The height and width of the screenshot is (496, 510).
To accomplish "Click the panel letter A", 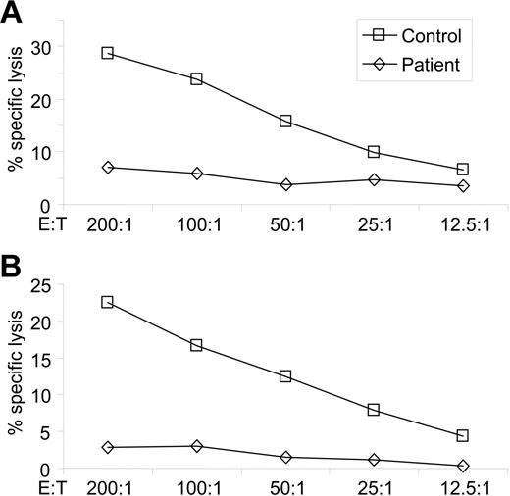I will pyautogui.click(x=14, y=14).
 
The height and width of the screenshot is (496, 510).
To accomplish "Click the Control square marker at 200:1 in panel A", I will pyautogui.click(x=107, y=53).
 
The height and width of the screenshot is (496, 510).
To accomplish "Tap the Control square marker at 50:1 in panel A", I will pyautogui.click(x=285, y=121).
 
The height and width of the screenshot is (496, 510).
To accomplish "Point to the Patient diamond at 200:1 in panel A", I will pyautogui.click(x=107, y=168).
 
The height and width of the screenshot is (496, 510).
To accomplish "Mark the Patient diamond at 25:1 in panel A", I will pyautogui.click(x=374, y=179).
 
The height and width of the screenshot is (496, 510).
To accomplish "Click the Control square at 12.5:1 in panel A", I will pyautogui.click(x=462, y=170).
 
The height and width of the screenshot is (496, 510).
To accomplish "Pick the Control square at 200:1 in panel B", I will pyautogui.click(x=107, y=302).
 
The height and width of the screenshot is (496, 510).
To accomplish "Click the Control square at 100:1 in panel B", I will pyautogui.click(x=196, y=345).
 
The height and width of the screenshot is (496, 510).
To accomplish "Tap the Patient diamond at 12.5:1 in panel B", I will pyautogui.click(x=462, y=466).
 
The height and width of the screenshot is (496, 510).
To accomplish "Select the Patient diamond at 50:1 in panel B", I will pyautogui.click(x=285, y=457).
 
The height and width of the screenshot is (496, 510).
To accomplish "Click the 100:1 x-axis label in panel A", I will pyautogui.click(x=196, y=223).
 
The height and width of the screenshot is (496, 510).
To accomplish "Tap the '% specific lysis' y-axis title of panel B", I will pyautogui.click(x=16, y=372).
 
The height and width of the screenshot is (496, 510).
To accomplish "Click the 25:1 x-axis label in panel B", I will pyautogui.click(x=374, y=485).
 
